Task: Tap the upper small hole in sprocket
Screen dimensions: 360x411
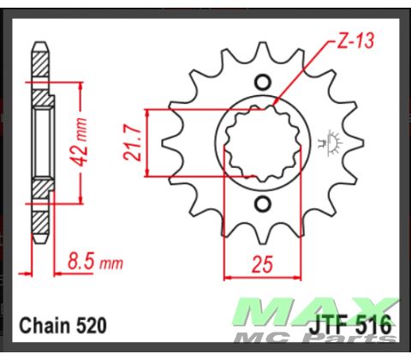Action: [265, 82]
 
